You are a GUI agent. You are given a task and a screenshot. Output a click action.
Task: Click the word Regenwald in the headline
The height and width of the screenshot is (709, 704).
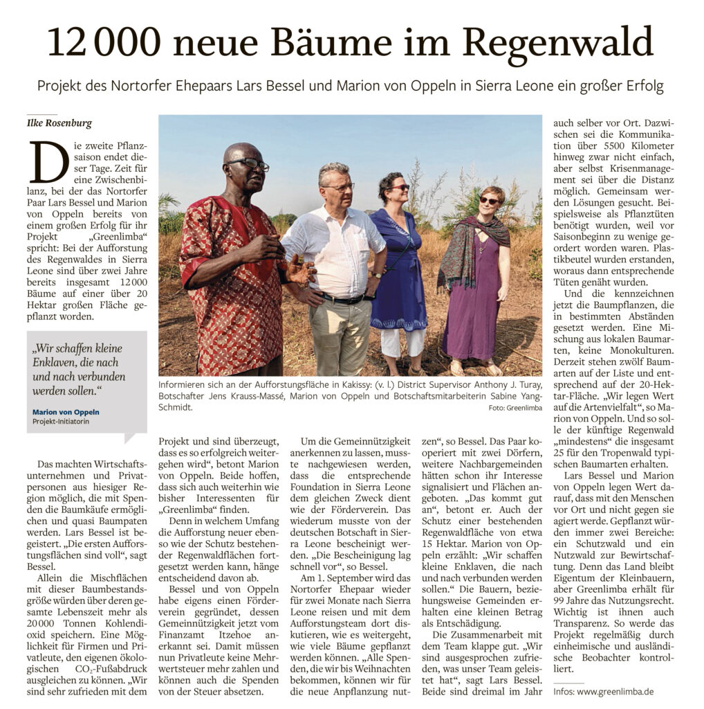pos(558,44)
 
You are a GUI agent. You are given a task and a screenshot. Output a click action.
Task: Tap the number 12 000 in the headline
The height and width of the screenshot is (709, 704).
pos(103,44)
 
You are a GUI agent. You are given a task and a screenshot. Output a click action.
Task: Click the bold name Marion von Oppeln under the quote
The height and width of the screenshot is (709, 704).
pos(66,411)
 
